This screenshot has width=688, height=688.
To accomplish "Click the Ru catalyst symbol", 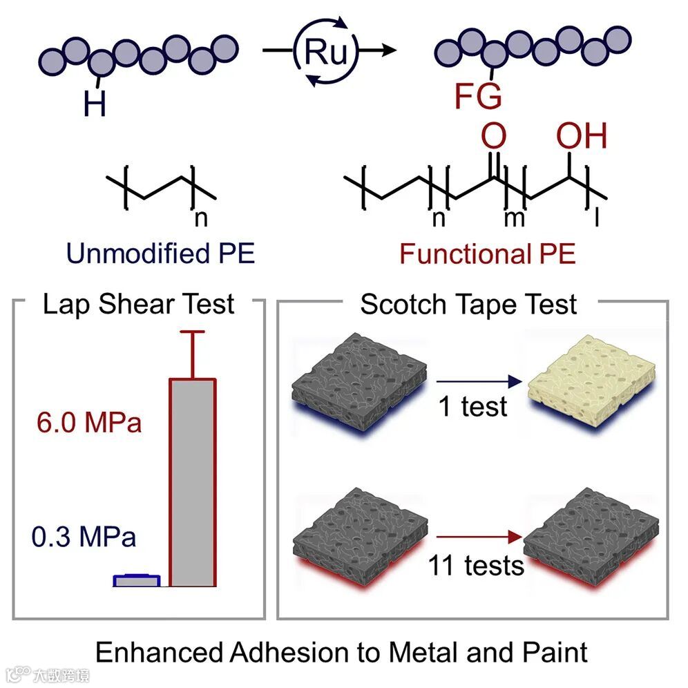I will coord(326,53).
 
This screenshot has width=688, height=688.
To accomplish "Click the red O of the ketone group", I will coord(493,137).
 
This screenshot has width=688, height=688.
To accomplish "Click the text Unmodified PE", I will coord(160,254).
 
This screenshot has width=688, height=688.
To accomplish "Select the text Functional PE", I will coord(487,254).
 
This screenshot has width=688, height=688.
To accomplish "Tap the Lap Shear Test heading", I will coord(138,304).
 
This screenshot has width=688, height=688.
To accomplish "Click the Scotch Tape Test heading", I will coord(468,305).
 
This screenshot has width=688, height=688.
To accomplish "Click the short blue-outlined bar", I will coord(137,580).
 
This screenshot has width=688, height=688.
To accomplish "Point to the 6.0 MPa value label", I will coord(89,422).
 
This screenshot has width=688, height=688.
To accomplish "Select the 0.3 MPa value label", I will coord(84,537).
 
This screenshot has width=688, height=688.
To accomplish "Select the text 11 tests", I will coord(476,566).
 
